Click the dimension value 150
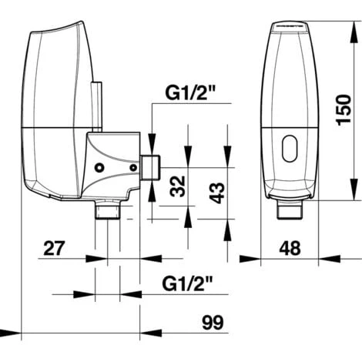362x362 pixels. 344,110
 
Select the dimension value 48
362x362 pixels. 290,248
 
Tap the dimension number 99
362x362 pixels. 213,323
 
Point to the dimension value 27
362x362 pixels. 54,248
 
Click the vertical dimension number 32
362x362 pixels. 178,186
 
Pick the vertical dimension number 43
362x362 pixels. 217,193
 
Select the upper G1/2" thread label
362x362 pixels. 190,93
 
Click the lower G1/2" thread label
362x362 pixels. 187,283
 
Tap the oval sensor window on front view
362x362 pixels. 290,149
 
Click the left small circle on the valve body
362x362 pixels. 99,168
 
